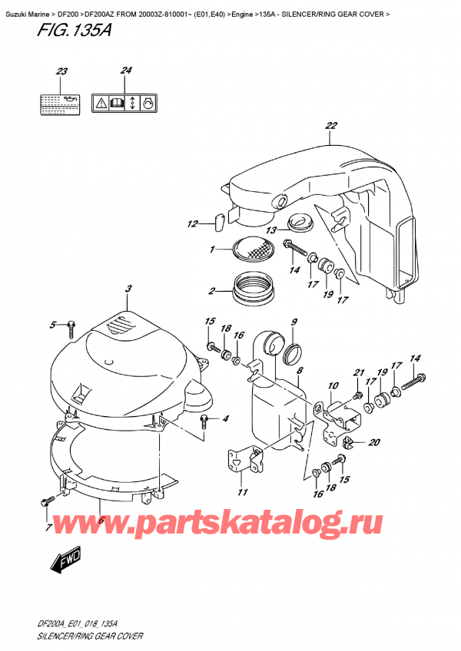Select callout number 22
(331, 127)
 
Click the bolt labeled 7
(47, 501)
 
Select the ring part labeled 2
(252, 289)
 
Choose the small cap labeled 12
(218, 222)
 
